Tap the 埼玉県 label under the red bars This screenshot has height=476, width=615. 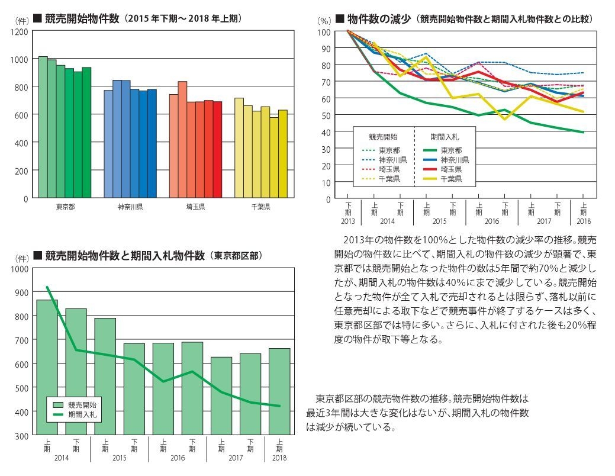(195, 207)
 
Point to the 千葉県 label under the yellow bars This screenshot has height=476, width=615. (260, 207)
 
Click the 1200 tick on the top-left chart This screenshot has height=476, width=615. (19, 31)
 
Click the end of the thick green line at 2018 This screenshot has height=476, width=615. (584, 133)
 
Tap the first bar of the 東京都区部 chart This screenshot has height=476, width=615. (47, 367)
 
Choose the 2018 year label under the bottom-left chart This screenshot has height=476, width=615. (279, 458)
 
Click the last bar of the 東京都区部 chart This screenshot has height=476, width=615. (279, 391)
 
